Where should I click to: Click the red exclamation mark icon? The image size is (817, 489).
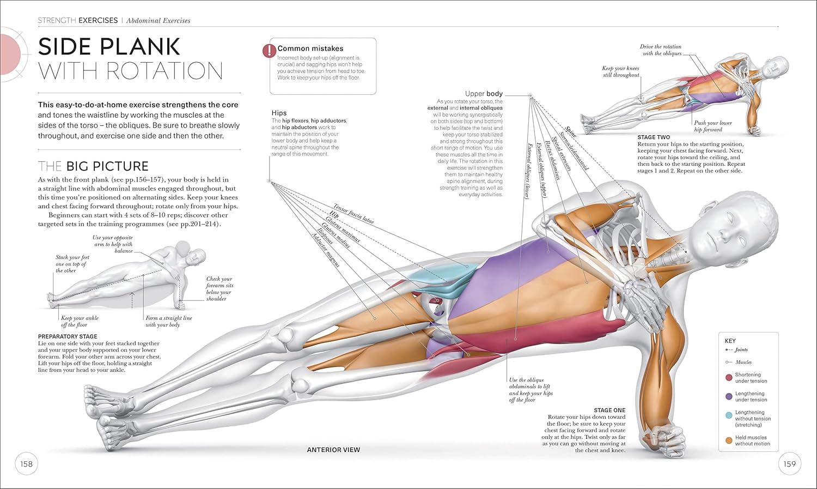[269, 51]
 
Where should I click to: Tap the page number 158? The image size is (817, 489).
[27, 464]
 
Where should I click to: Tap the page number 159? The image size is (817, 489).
[790, 464]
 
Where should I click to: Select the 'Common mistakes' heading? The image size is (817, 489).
[310, 49]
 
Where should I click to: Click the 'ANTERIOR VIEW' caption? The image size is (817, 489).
[333, 450]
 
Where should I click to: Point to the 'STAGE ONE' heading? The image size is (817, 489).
[609, 410]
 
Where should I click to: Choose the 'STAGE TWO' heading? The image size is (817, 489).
[654, 137]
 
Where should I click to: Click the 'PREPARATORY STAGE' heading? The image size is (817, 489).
[68, 336]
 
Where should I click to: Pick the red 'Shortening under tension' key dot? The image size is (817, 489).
[729, 377]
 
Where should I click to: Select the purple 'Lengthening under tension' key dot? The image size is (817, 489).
[729, 396]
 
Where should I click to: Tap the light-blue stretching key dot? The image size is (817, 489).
[729, 415]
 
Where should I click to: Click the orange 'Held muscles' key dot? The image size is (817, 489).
[729, 440]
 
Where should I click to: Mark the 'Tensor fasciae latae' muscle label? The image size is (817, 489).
[353, 214]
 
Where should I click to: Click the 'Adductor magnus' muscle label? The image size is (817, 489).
[326, 250]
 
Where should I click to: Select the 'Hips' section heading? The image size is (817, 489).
[279, 113]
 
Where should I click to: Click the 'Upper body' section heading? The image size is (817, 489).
[484, 94]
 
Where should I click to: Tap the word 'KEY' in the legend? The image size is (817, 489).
[730, 341]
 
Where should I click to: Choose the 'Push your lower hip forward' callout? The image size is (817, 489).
[712, 126]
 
